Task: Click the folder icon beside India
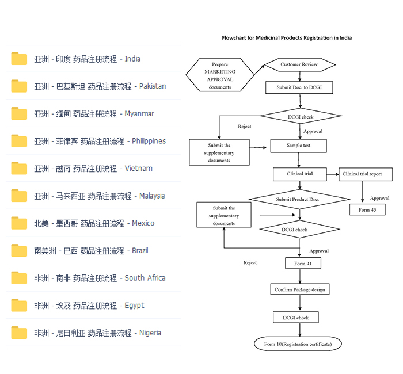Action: coord(19,59)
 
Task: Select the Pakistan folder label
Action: coord(100,86)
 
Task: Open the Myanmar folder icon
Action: coord(19,113)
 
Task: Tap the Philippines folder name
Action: coord(100,141)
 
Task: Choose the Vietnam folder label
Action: coord(93,169)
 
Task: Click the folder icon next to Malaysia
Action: coord(19,196)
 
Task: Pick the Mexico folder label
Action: coord(94,223)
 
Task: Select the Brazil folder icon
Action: coord(19,250)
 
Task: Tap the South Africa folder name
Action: coord(100,278)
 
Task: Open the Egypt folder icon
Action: coord(19,305)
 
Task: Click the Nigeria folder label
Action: coord(97,333)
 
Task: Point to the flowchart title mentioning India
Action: coord(287,38)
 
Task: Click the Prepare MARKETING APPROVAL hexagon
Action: coord(220,76)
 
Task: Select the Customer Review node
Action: coord(299,64)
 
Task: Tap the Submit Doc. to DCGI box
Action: coord(299,87)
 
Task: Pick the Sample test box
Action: coord(298,146)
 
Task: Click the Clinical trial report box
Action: coord(366,174)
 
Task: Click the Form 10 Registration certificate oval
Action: coord(298,344)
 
